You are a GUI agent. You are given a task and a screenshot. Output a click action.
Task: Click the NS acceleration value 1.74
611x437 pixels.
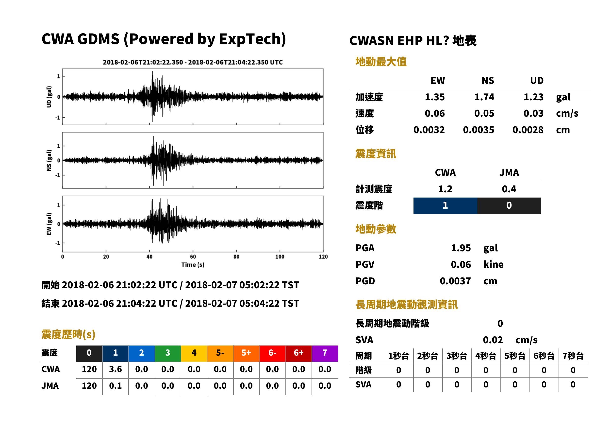click(x=484, y=97)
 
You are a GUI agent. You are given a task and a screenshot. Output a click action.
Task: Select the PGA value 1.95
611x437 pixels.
click(x=461, y=248)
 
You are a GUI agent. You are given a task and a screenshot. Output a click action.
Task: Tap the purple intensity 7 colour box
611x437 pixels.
click(x=325, y=353)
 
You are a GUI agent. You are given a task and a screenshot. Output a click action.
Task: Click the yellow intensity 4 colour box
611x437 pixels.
click(x=194, y=353)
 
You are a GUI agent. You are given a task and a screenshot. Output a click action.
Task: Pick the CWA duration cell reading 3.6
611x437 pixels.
click(x=115, y=369)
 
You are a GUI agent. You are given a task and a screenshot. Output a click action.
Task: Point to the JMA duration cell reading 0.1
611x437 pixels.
click(x=115, y=386)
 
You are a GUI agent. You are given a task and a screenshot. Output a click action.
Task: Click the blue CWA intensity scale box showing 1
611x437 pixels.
click(x=445, y=206)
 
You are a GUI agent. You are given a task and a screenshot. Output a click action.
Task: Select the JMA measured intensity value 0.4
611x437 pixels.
click(x=509, y=189)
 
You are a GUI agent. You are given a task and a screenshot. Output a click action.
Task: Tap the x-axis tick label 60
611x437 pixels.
click(x=193, y=256)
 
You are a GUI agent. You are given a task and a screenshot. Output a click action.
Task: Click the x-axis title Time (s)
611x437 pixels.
click(x=193, y=265)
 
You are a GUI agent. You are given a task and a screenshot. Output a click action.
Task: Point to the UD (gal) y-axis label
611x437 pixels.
click(x=49, y=97)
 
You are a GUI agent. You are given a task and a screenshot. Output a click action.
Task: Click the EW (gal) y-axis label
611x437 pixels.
click(x=49, y=224)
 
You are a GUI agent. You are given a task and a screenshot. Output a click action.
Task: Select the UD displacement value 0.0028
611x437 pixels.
click(x=528, y=130)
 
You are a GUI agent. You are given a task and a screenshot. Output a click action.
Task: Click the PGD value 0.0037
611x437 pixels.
click(x=455, y=281)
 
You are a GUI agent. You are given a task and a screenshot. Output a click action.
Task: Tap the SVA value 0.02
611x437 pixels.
click(x=493, y=340)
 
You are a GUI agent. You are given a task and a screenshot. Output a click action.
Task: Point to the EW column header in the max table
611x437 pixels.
click(x=438, y=80)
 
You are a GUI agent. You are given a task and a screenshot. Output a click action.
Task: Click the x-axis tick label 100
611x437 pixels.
click(x=280, y=256)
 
